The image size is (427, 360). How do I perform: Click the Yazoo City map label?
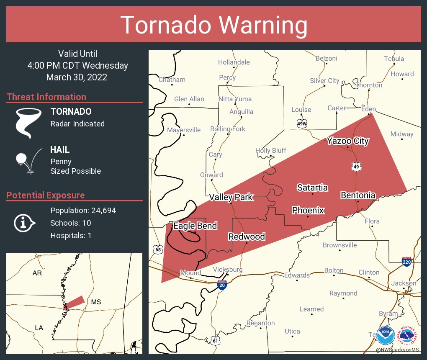click(347, 141)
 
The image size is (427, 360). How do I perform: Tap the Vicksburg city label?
click(228, 270)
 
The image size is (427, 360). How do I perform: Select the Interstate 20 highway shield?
click(222, 285)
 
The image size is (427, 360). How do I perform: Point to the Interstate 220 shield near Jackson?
click(406, 262)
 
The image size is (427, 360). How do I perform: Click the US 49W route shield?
click(302, 124)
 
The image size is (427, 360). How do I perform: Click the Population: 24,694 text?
click(83, 210)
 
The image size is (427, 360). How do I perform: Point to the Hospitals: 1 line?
click(71, 235)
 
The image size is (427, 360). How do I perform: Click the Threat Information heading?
click(46, 97)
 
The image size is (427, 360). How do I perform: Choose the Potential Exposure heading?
click(46, 195)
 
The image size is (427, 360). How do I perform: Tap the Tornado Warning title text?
click(213, 25)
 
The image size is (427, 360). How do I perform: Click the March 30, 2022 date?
click(77, 77)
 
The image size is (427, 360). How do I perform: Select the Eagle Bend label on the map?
click(195, 226)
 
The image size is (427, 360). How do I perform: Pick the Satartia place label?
click(312, 188)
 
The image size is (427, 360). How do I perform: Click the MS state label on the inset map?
click(96, 302)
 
